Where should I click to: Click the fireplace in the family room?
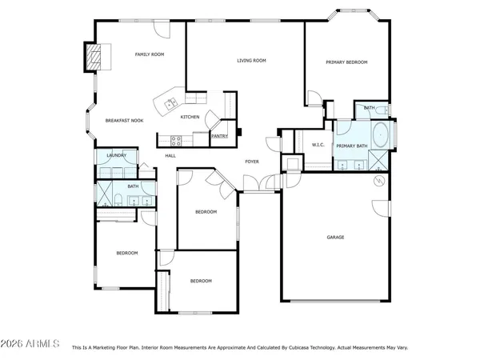point(95,57)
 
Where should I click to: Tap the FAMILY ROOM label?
point(149,54)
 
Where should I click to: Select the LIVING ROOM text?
point(251,61)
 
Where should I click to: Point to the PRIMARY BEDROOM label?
point(346,62)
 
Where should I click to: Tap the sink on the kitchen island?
point(170,102)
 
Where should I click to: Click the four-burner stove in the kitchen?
point(177,139)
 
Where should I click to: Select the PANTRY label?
point(220,136)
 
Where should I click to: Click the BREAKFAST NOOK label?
point(124,120)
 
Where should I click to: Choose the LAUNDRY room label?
point(106,155)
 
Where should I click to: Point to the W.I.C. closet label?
point(315,145)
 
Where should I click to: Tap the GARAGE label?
point(335,237)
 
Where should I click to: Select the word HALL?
point(170,155)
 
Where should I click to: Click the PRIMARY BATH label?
point(351,146)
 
